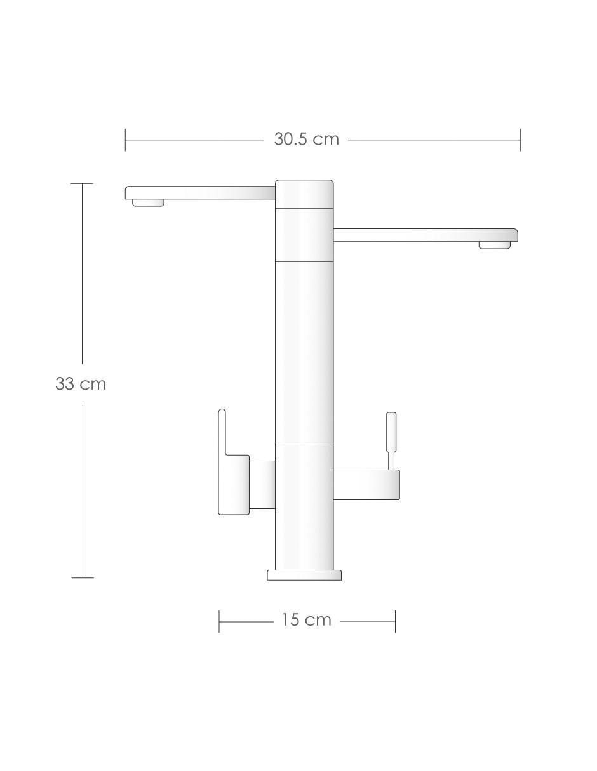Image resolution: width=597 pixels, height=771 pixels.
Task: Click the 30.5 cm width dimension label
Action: click(306, 139)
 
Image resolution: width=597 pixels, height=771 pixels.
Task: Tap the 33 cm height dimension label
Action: click(81, 384)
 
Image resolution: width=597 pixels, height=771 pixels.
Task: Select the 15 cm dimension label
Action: click(306, 620)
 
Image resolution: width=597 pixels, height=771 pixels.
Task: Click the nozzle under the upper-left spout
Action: click(148, 202)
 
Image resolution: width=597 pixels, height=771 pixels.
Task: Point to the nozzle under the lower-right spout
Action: click(495, 245)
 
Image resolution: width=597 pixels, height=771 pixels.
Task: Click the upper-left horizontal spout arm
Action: click(200, 193)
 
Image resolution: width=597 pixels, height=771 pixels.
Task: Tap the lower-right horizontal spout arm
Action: click(426, 235)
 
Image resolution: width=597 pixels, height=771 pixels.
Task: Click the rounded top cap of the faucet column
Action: click(304, 194)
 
